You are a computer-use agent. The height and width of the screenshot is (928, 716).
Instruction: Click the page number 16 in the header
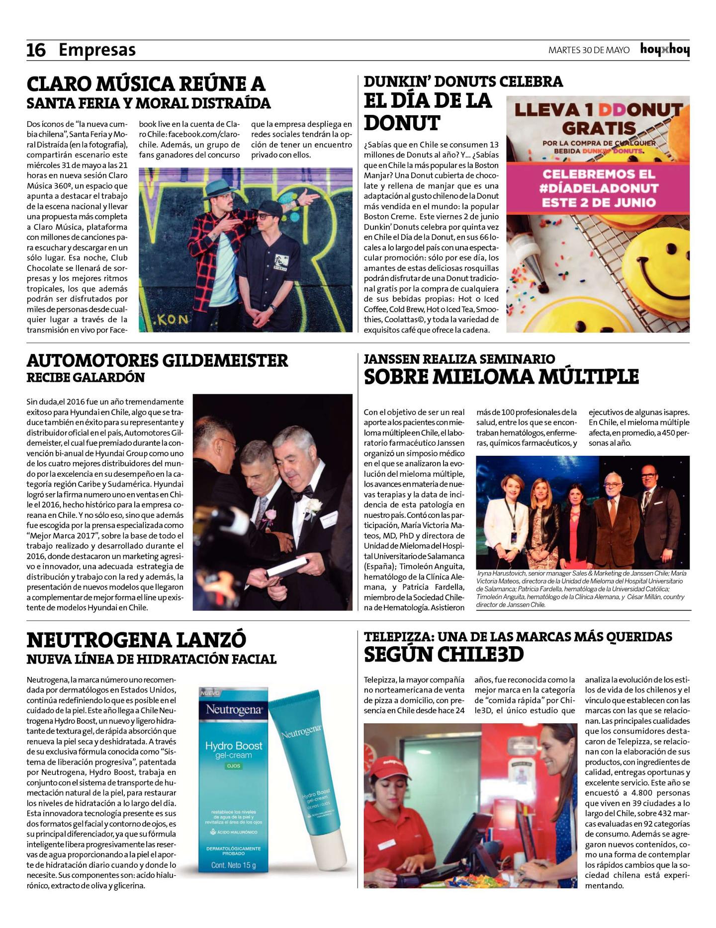pos(36,50)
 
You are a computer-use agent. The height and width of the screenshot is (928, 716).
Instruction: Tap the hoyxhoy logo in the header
pos(665,50)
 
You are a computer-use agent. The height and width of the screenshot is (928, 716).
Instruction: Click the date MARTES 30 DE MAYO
pos(589,50)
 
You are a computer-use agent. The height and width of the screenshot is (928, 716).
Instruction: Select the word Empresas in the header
pos(97,50)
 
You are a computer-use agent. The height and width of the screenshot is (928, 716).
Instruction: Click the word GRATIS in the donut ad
pos(599,128)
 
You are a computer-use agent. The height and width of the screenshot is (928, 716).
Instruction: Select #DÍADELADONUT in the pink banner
pos(599,188)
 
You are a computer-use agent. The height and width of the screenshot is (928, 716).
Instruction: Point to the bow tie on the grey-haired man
pos(304,492)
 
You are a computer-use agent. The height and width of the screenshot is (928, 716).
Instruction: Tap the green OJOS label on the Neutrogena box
pos(233,766)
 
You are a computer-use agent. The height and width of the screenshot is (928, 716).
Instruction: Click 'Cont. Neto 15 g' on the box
pos(233,865)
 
